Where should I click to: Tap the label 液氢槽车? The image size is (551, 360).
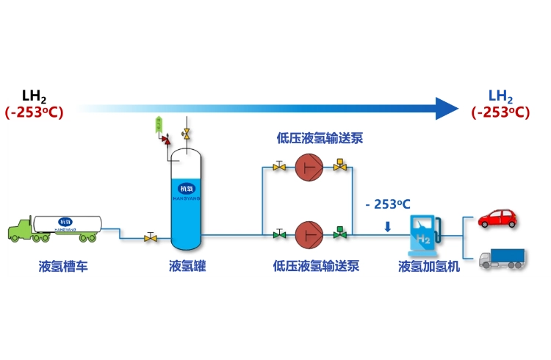(63, 266)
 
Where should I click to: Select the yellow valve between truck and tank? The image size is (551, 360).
(151, 237)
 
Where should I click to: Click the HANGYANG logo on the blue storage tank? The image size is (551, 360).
(187, 190)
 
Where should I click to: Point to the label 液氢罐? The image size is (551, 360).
(187, 266)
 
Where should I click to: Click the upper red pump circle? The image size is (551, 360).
(309, 168)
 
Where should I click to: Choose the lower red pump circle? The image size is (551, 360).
(309, 235)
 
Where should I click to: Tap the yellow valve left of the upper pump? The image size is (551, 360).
(279, 167)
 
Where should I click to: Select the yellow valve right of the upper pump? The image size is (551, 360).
(339, 166)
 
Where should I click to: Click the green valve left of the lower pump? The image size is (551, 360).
(279, 234)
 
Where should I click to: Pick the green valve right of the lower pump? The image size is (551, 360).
(339, 234)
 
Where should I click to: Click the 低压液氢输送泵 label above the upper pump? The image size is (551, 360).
(320, 137)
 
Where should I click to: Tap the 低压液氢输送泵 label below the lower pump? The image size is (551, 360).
(316, 266)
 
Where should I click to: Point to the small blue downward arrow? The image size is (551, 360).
(388, 226)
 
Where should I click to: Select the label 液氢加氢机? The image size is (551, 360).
(429, 266)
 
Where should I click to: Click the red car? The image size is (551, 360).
(497, 218)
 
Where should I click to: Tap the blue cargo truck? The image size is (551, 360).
(503, 258)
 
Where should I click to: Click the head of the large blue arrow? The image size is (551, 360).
(446, 108)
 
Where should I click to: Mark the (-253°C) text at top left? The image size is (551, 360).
(35, 112)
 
